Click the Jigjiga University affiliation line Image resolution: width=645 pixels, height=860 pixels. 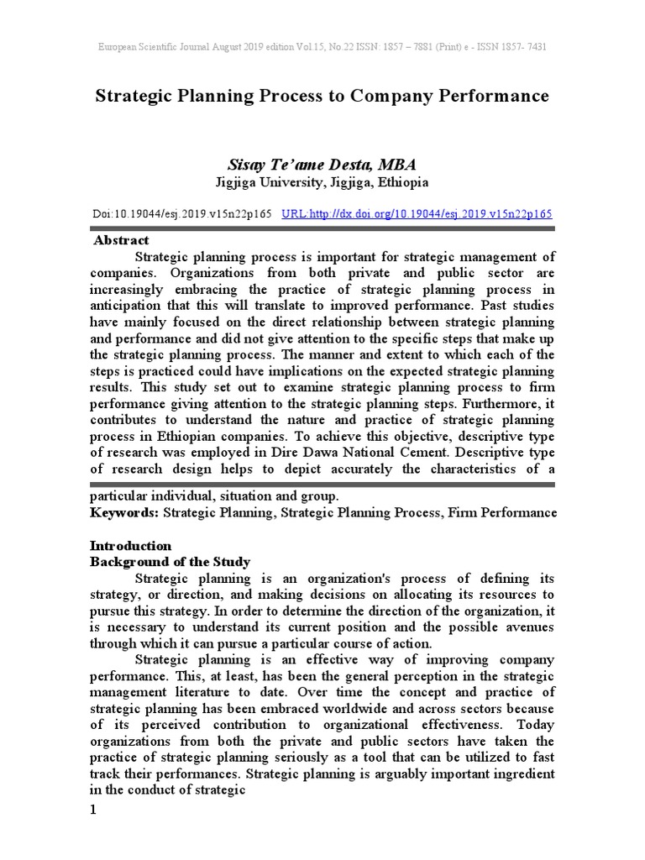click(x=322, y=182)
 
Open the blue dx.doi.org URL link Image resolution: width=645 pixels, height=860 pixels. click(x=417, y=214)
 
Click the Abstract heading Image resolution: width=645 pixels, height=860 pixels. click(x=121, y=240)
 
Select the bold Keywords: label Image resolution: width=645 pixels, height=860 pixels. click(x=124, y=511)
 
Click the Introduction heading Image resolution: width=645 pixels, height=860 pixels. click(x=131, y=545)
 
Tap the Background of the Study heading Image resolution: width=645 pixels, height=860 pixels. click(x=170, y=561)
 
